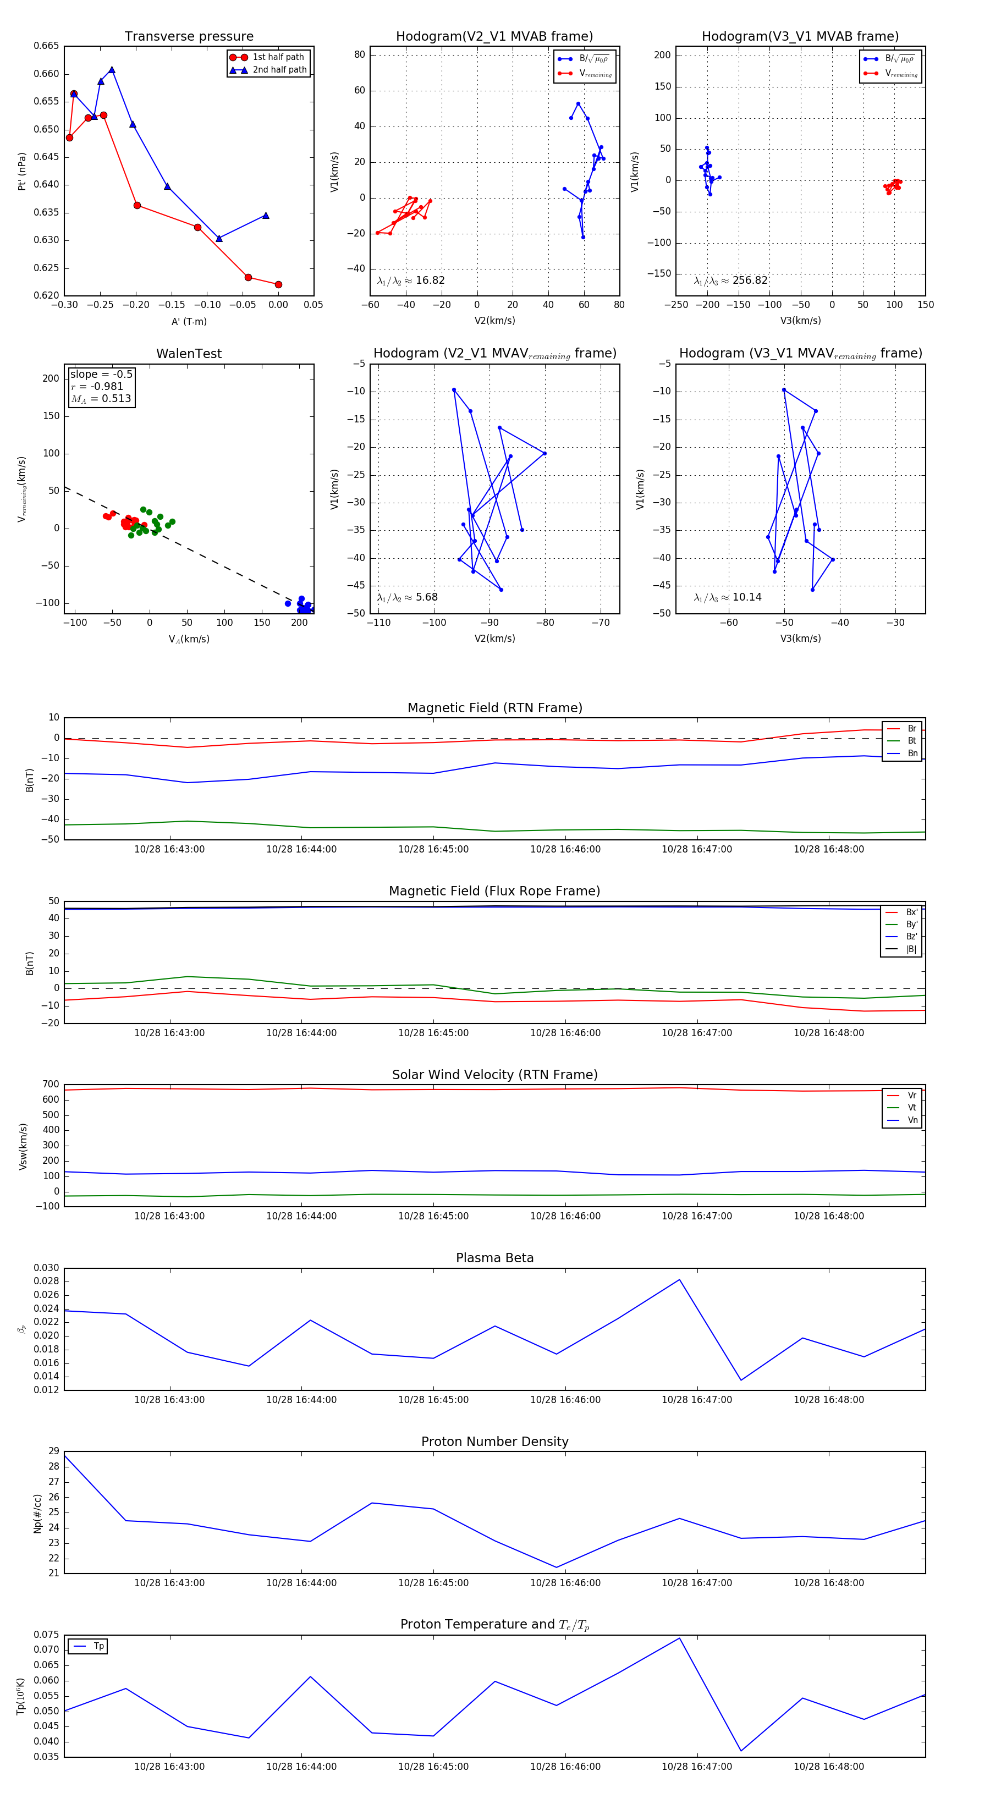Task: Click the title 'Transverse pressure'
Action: pos(189,37)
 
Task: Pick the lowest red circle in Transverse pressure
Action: pos(278,285)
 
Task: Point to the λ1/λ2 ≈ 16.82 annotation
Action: pos(411,280)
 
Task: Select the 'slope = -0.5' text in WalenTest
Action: pos(101,374)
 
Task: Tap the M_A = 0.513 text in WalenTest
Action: pos(101,399)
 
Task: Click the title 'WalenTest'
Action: pos(189,354)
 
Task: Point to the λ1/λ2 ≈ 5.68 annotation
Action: pos(407,597)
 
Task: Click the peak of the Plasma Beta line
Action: pos(679,1279)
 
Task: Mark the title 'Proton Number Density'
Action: pos(494,1442)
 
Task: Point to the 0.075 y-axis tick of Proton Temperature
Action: pos(47,1635)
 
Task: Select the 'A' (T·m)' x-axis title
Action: pos(189,321)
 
